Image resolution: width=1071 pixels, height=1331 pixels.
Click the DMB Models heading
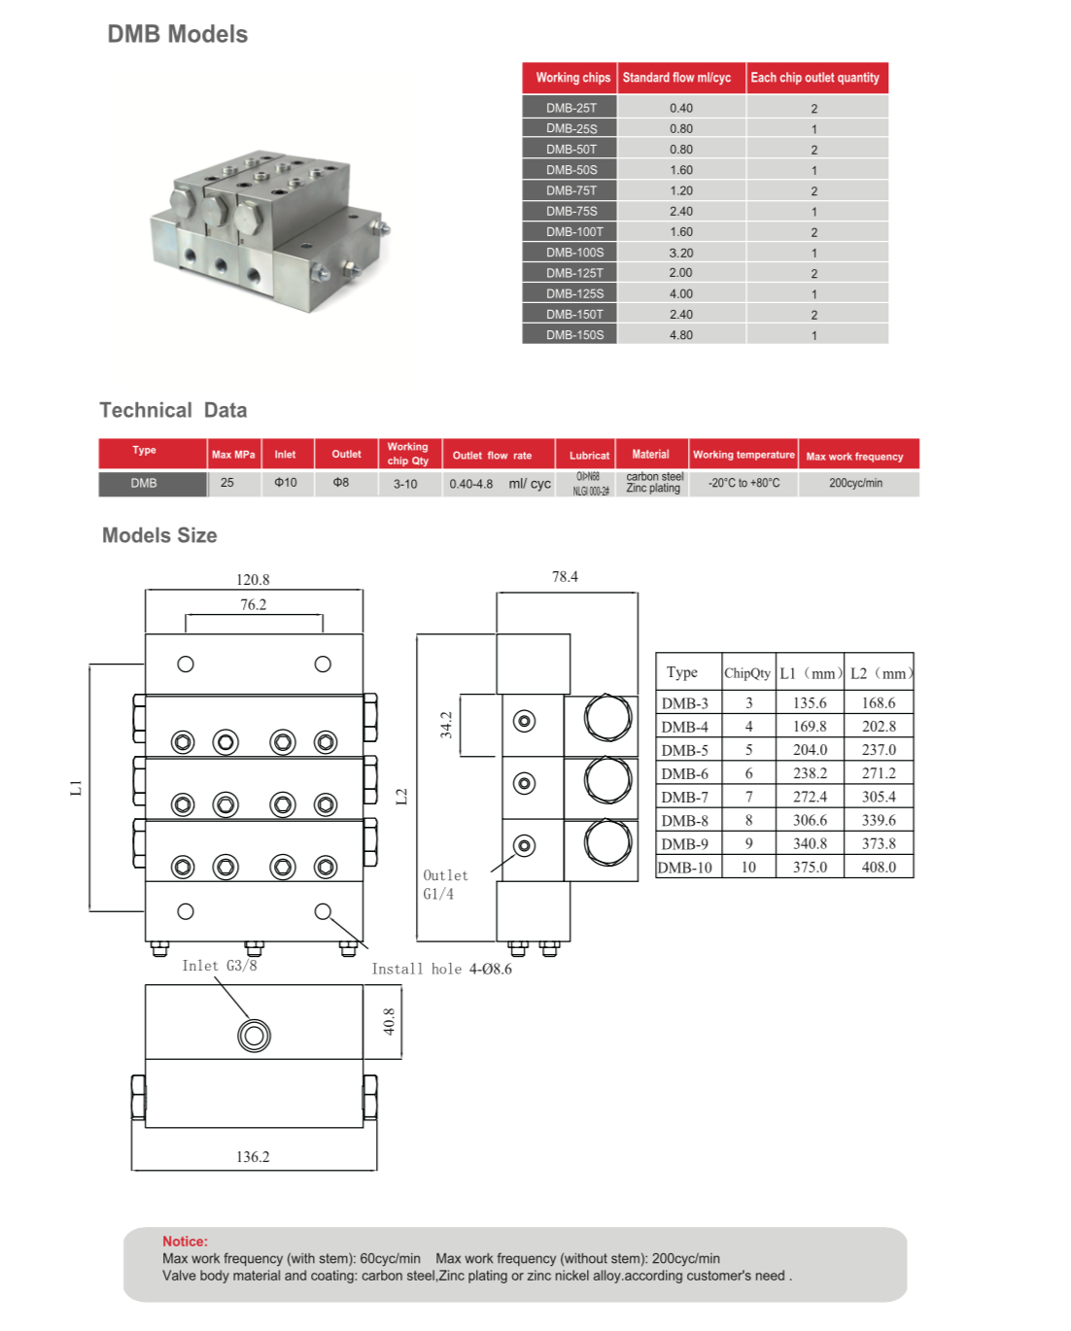tap(177, 34)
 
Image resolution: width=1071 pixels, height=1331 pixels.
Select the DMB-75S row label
tap(571, 211)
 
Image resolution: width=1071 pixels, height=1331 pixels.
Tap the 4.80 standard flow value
tap(680, 335)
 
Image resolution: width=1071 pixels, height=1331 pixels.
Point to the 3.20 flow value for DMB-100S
tap(680, 253)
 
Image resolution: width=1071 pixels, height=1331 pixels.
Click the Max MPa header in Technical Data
tap(233, 455)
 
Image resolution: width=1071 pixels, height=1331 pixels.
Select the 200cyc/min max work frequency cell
tap(855, 483)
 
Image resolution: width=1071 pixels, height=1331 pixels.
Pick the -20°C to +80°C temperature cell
tap(743, 483)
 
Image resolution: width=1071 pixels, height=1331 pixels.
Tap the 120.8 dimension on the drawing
tap(253, 580)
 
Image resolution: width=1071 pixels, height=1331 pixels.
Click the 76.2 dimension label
tap(253, 604)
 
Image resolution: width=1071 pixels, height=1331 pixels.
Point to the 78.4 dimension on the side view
tap(565, 577)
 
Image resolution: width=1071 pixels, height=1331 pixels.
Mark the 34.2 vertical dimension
tap(446, 725)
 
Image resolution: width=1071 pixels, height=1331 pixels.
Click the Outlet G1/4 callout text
tap(445, 884)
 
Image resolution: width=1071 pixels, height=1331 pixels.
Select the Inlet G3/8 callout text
tap(220, 966)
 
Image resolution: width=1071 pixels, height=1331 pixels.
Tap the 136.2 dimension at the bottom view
tap(253, 1156)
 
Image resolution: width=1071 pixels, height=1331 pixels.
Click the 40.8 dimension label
tap(389, 1021)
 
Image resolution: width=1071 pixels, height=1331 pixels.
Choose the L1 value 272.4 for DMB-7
tap(810, 797)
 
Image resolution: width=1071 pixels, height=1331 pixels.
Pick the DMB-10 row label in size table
tap(685, 868)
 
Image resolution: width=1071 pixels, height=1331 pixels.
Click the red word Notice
tap(185, 1242)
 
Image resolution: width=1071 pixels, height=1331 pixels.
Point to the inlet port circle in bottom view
tap(254, 1036)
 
